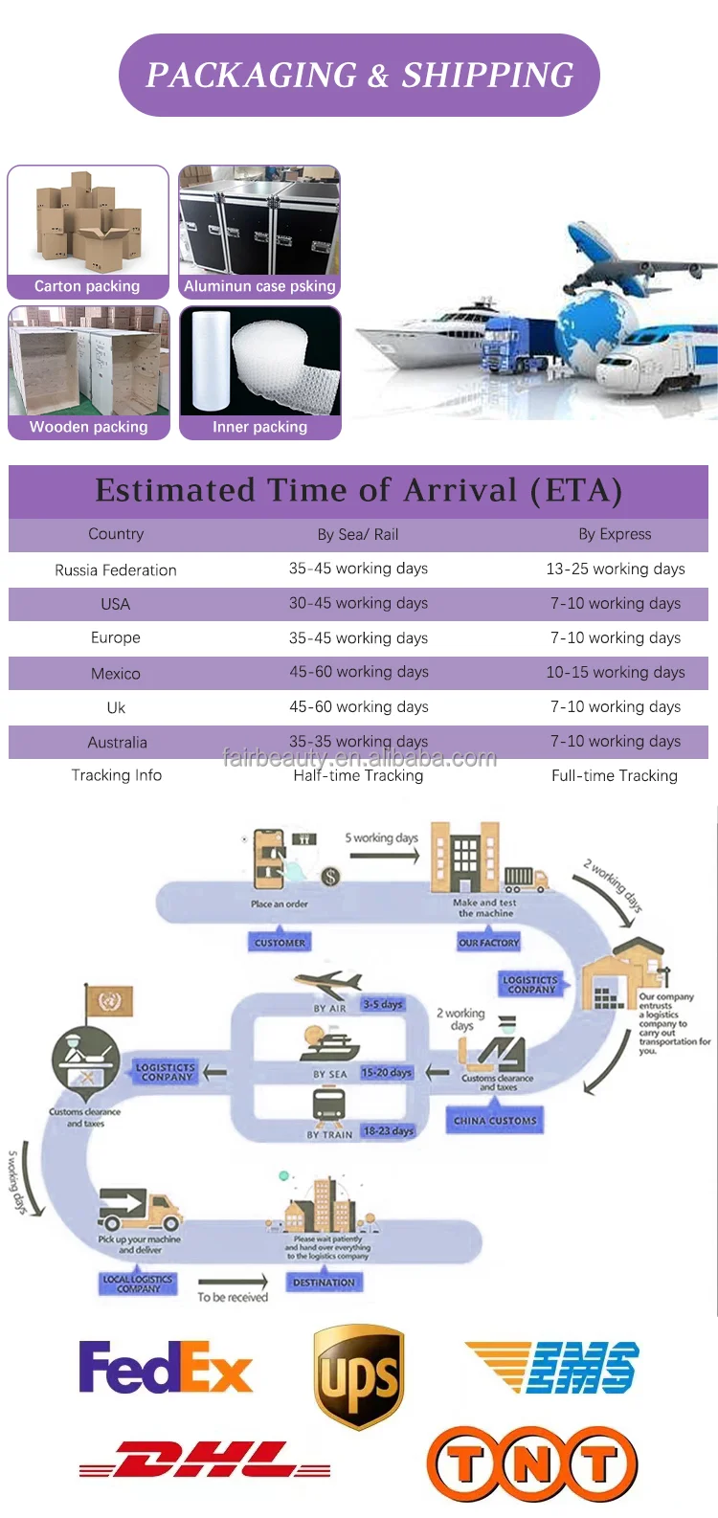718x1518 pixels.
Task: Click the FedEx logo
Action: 166,1368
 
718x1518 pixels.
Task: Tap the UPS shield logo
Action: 359,1376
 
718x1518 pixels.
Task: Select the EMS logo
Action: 553,1366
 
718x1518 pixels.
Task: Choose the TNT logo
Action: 531,1463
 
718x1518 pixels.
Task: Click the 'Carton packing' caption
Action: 87,286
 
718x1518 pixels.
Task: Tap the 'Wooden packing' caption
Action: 88,427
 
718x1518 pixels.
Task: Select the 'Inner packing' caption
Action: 259,427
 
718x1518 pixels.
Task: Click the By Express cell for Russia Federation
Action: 615,569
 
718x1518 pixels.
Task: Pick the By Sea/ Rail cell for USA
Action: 358,603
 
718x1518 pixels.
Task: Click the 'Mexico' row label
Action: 116,674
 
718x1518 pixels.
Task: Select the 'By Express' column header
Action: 615,534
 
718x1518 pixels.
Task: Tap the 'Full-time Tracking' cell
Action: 615,775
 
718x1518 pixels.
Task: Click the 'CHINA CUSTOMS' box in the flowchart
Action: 495,1120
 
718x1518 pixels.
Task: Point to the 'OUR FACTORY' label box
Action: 488,943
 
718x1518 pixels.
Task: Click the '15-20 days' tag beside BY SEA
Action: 387,1073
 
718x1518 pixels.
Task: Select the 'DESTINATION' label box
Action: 324,1283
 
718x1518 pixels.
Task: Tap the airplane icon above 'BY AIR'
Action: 328,985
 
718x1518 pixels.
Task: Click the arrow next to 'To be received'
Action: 233,1282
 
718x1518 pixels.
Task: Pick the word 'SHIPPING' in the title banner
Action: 487,76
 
